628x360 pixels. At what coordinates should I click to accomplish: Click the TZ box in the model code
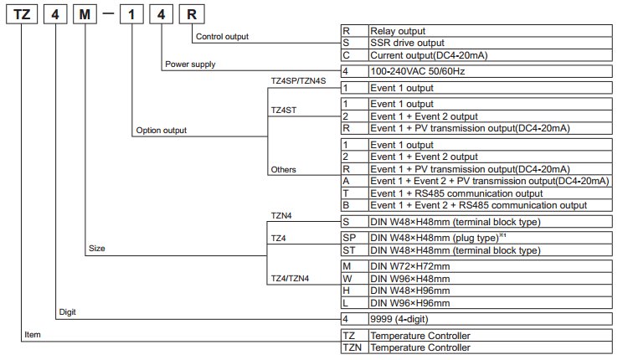tap(22, 14)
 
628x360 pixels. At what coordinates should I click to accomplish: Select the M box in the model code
tap(85, 14)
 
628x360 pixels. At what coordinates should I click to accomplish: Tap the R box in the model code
tap(192, 14)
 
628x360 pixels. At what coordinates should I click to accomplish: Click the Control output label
tap(222, 37)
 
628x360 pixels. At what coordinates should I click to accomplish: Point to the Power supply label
tap(190, 64)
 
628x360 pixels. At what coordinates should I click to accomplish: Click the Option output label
tap(162, 130)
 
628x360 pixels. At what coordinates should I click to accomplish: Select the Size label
tap(97, 249)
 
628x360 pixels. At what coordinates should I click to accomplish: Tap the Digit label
tap(67, 312)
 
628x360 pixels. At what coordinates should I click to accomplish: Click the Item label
tap(33, 335)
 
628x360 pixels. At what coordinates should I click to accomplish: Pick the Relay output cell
tap(490, 31)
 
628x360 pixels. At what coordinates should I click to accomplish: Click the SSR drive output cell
tap(490, 43)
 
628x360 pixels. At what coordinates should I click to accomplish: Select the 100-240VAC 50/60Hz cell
tap(490, 71)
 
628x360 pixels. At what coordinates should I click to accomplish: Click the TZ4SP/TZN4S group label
tap(298, 81)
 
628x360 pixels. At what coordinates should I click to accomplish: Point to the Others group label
tap(283, 169)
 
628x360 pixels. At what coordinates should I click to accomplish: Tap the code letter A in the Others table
tap(346, 181)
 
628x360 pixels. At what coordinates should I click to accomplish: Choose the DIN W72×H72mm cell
tap(490, 266)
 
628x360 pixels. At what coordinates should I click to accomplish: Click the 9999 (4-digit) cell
tap(490, 319)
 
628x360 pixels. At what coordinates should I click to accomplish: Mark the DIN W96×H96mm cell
tap(490, 303)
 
